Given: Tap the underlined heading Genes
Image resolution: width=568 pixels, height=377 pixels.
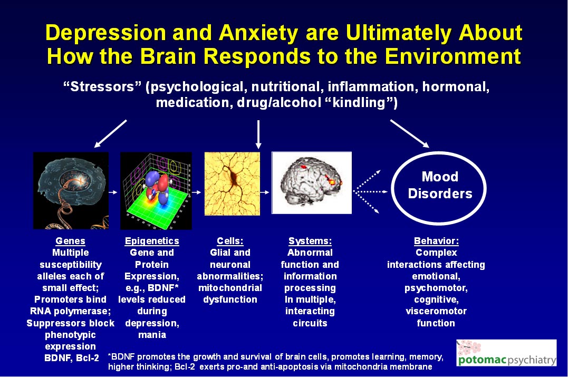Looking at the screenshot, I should point(70,241).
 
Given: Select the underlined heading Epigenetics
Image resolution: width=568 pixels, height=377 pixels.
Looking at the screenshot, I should point(152,241).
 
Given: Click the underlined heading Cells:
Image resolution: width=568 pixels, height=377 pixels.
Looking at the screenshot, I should point(230,241).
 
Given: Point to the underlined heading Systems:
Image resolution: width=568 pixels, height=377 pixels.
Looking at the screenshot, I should point(310,241).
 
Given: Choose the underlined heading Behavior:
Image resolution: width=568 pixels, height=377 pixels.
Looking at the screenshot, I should point(436,241).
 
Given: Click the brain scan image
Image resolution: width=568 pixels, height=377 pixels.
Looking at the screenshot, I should point(311,182).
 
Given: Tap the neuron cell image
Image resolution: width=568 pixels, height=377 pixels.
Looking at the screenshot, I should point(232,183).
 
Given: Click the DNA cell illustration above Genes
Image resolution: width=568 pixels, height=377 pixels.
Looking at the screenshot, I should point(71,190).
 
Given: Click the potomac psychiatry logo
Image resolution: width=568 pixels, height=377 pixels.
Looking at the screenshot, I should point(506,354).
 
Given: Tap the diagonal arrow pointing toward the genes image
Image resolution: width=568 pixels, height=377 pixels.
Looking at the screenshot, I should point(111,133).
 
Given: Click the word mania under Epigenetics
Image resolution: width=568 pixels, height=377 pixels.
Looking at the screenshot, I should point(151,334).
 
